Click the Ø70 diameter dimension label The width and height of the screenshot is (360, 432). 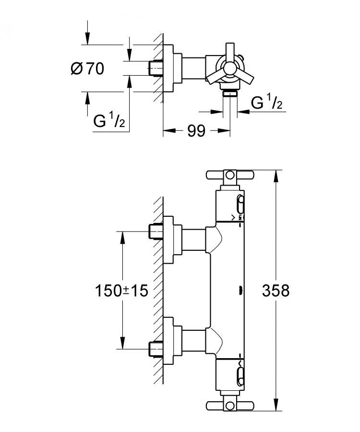pos(87,69)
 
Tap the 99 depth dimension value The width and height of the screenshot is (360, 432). pos(196,131)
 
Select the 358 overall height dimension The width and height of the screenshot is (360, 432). pos(276,291)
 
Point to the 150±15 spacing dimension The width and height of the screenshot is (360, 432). pos(121,291)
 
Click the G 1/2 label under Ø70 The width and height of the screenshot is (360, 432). pos(109,120)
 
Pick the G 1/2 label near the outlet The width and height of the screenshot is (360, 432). pos(266,102)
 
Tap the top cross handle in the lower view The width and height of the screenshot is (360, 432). pos(230,175)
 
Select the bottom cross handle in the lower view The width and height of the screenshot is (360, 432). pos(230,405)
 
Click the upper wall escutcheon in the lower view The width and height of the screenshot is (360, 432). pos(173,240)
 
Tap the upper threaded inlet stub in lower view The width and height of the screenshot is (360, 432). pos(156,232)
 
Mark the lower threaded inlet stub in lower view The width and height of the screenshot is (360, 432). pos(156,349)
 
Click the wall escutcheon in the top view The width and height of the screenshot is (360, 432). pos(173,69)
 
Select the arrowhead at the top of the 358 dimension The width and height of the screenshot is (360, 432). pos(276,176)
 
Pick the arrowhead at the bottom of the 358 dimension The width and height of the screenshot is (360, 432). pos(276,405)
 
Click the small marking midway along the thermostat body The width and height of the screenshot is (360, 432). pos(240,289)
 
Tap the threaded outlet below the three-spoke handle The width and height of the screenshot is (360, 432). pos(230,93)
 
